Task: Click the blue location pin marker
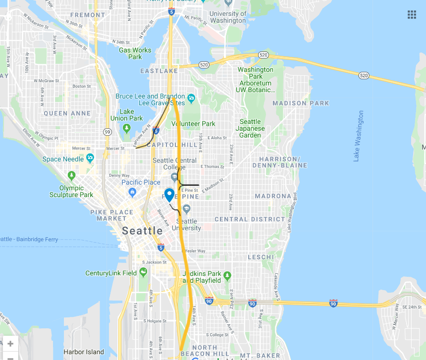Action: (x=169, y=195)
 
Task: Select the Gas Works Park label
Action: (x=135, y=53)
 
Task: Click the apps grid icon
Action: (x=412, y=14)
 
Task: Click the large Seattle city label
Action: (x=142, y=231)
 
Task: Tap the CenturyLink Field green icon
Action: (x=143, y=272)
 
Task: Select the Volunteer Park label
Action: (x=194, y=123)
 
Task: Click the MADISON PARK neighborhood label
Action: (x=301, y=103)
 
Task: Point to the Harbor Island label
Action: (x=84, y=352)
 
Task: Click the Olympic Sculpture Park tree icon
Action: (x=72, y=175)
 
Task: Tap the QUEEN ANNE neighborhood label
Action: (x=67, y=113)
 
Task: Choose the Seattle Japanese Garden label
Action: (x=250, y=128)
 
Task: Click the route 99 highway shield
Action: (x=107, y=132)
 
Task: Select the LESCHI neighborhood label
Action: (x=261, y=257)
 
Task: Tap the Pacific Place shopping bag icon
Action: (x=132, y=192)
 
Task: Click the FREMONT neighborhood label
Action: (x=88, y=15)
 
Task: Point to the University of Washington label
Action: (x=228, y=17)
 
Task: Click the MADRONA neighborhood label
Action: (x=273, y=196)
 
